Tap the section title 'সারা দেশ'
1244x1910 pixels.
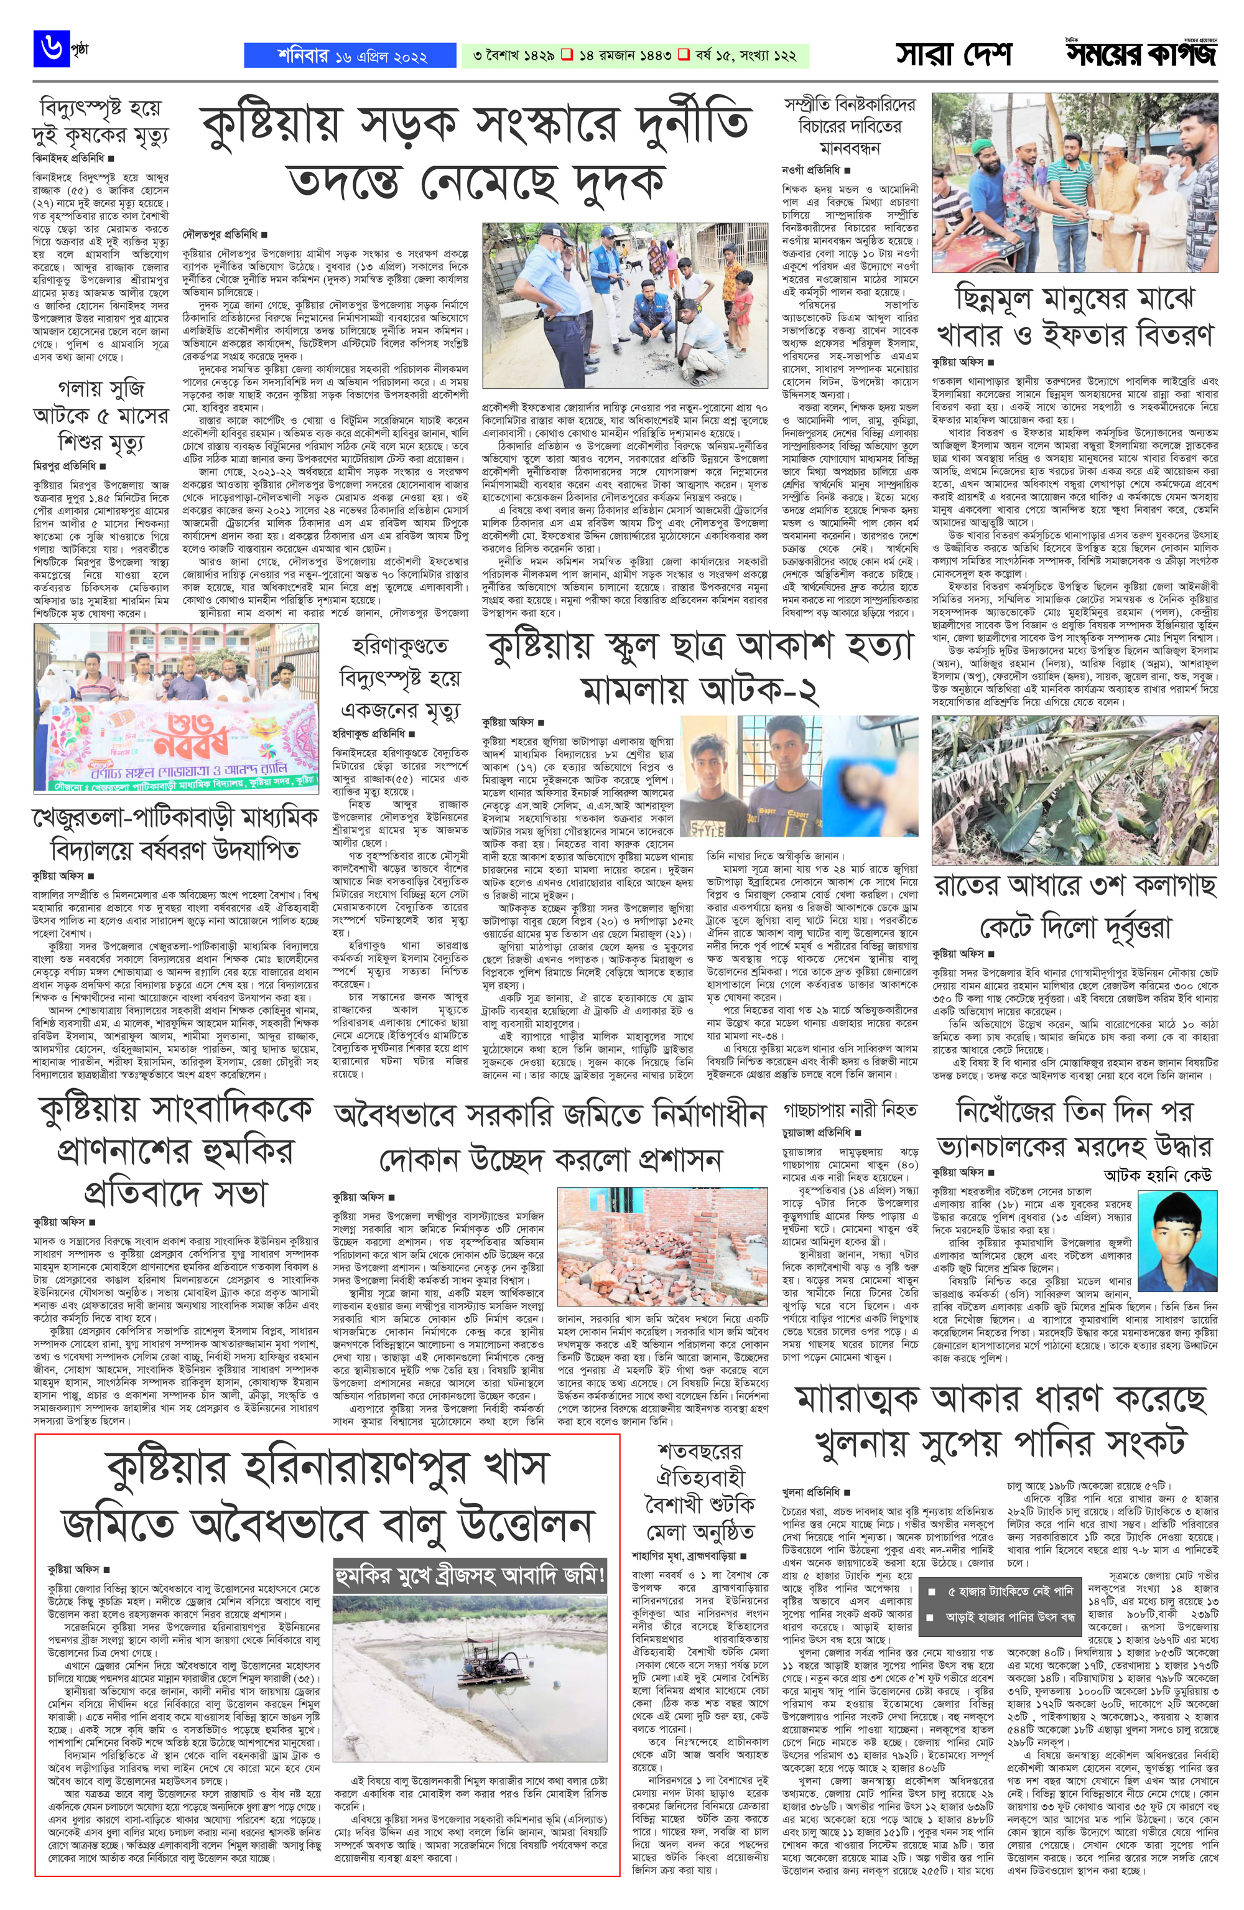954,55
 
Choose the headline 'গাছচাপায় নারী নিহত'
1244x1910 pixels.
850,1110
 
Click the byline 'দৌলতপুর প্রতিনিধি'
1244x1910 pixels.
219,235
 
